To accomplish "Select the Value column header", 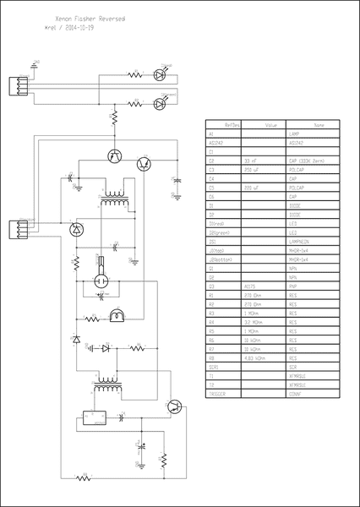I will pos(270,124).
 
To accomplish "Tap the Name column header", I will pos(318,124).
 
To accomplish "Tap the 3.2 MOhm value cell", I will pos(253,320).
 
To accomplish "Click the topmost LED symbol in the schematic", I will pos(159,74).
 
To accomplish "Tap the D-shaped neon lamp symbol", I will pos(117,316).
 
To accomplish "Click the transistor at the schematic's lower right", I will pos(174,406).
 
